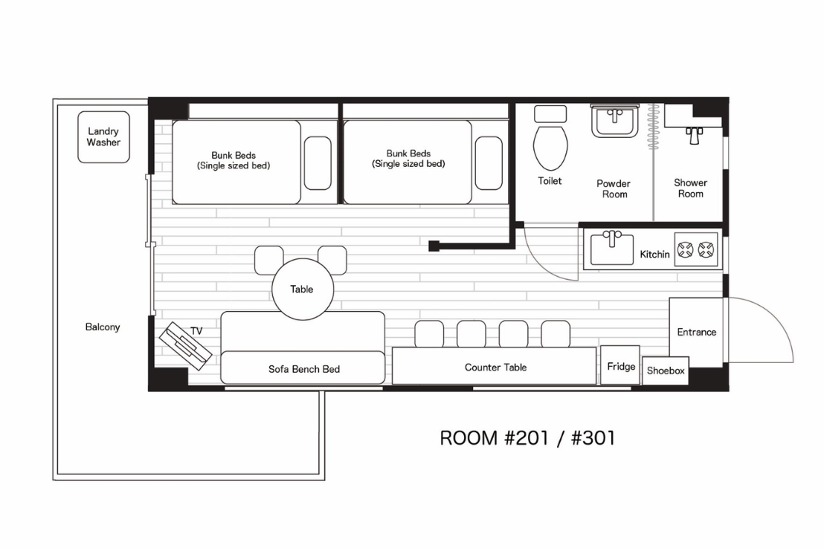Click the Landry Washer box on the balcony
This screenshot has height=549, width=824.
pos(104,136)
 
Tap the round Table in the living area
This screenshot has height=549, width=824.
pos(303,289)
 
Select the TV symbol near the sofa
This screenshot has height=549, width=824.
pos(185,346)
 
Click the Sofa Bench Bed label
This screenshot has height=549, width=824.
pos(304,369)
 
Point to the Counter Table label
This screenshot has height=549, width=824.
pos(496,368)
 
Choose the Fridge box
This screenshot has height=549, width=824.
pos(620,365)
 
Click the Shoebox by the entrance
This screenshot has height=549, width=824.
pos(665,371)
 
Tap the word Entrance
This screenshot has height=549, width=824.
pos(697,332)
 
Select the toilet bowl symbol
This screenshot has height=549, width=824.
pos(550,147)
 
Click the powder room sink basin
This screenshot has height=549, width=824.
pos(615,121)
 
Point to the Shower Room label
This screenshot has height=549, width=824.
pos(690,188)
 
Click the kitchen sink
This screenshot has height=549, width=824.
pos(612,249)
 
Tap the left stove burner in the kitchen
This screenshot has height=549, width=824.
pos(684,249)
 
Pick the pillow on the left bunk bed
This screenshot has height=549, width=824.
pos(317,163)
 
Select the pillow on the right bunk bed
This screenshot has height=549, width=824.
pos(489,163)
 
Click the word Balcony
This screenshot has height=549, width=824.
pos(102,327)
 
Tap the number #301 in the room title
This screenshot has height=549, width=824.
pos(593,438)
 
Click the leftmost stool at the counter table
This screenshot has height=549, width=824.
pos(430,334)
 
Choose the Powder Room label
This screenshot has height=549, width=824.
pos(613,188)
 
